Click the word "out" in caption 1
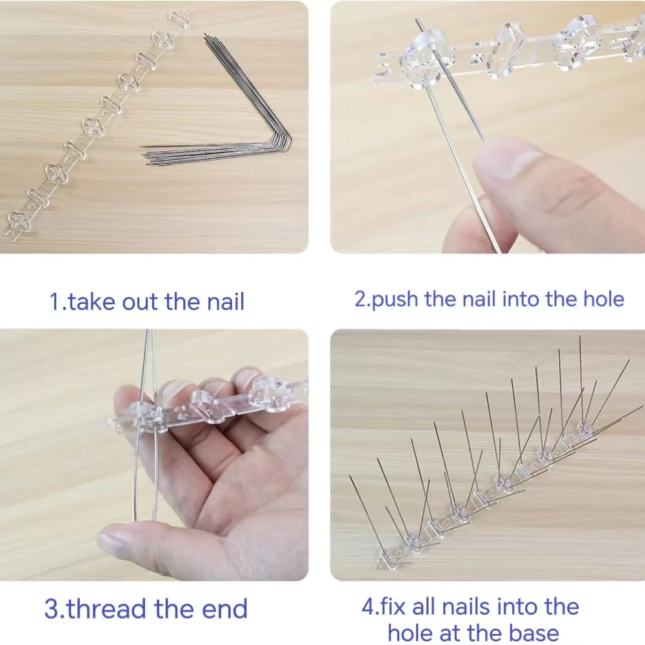click(x=140, y=302)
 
